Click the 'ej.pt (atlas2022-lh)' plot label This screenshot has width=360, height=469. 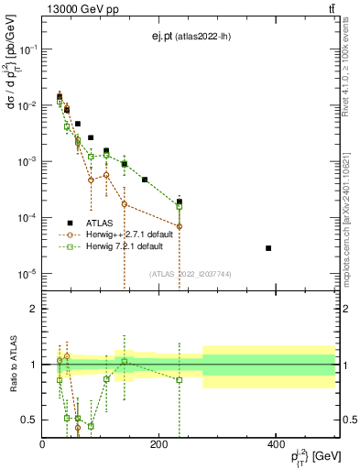(x=191, y=37)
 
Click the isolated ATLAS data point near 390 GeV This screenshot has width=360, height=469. (x=268, y=248)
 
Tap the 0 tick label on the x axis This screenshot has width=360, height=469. (x=42, y=444)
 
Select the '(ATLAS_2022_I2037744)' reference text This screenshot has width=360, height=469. (x=190, y=274)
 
